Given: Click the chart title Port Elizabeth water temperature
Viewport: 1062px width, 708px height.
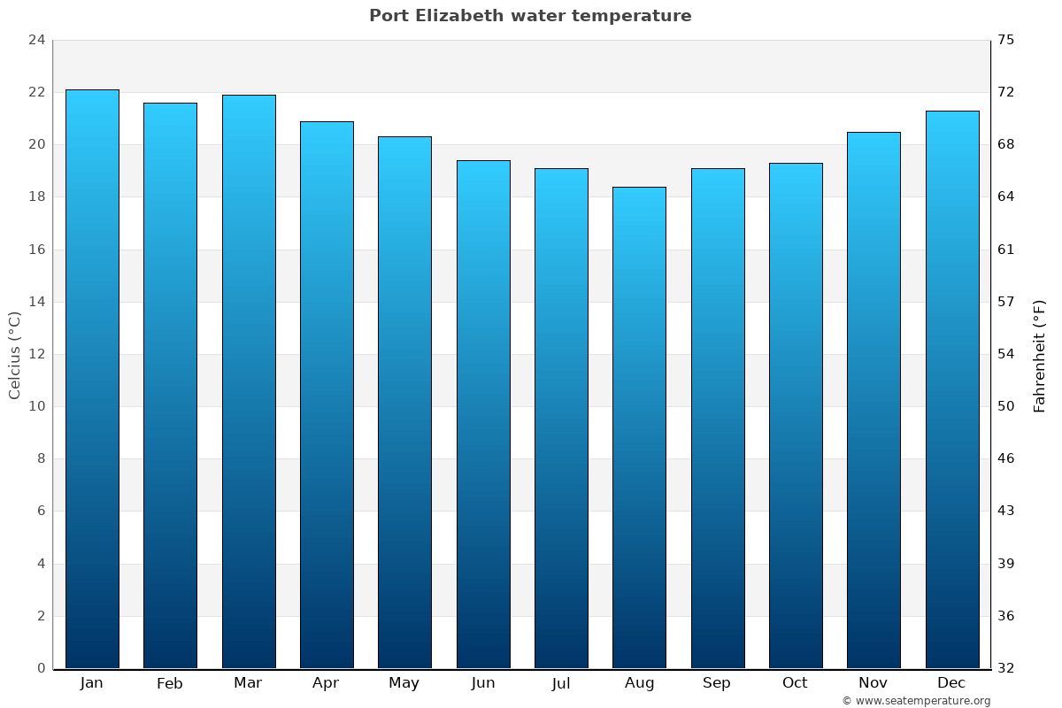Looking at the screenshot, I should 530,16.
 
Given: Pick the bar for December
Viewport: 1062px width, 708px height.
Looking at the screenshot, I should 952,389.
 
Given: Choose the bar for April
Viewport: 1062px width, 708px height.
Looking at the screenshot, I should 327,395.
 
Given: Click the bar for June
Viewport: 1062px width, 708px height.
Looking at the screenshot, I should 483,414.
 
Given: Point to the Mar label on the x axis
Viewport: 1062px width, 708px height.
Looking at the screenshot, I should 248,683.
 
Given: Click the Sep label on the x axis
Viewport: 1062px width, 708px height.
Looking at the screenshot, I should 717,683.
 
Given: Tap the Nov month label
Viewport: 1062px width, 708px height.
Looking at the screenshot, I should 873,683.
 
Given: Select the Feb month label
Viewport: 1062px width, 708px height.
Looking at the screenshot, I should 170,683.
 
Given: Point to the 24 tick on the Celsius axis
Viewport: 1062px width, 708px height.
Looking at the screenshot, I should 36,40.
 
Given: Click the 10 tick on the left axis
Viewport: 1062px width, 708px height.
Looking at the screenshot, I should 36,406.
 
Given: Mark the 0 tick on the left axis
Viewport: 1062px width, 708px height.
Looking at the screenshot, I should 41,668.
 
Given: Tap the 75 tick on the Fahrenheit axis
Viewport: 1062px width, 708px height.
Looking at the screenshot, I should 1006,40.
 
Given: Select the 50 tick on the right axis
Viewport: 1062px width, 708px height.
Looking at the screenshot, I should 1006,406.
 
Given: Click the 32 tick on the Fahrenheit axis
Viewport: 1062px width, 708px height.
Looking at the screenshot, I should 1006,668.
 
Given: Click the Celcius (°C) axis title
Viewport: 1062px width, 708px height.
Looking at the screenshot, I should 14,355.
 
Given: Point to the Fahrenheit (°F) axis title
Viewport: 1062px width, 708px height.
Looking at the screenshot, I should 1040,355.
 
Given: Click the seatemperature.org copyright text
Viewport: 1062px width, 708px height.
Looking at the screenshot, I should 916,701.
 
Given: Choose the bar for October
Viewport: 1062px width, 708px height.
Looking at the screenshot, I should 796,415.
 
